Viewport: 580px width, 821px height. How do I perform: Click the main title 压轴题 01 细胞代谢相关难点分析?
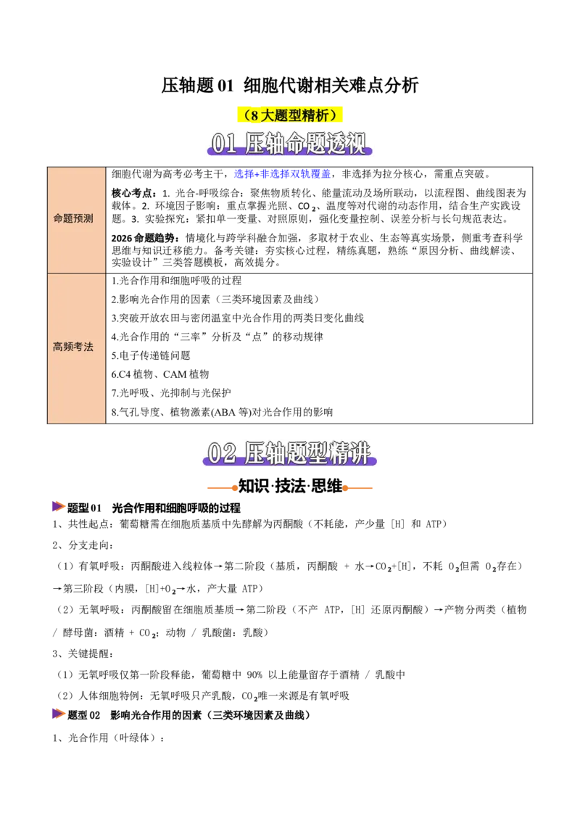pyautogui.click(x=289, y=86)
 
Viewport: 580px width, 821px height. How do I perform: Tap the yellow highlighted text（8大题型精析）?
pyautogui.click(x=290, y=115)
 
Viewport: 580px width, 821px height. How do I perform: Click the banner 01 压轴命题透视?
pyautogui.click(x=289, y=144)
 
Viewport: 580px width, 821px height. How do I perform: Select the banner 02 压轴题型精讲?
pyautogui.click(x=289, y=453)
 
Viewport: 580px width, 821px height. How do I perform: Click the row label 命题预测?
pyautogui.click(x=73, y=219)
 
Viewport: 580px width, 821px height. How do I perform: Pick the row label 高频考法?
pyautogui.click(x=73, y=347)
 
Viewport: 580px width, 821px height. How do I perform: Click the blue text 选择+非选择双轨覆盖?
pyautogui.click(x=283, y=174)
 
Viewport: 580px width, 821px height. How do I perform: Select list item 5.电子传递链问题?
pyautogui.click(x=151, y=355)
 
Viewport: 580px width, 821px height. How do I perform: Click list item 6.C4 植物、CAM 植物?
pyautogui.click(x=160, y=374)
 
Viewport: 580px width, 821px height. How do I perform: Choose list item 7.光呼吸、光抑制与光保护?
pyautogui.click(x=171, y=393)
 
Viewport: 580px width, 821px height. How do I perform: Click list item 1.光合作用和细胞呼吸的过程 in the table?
pyautogui.click(x=176, y=281)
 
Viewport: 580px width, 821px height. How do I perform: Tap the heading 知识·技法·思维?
pyautogui.click(x=290, y=487)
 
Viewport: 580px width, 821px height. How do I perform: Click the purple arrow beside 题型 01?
pyautogui.click(x=59, y=506)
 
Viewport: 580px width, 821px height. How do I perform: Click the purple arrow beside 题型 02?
pyautogui.click(x=59, y=714)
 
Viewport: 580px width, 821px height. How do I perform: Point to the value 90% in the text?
pyautogui.click(x=254, y=675)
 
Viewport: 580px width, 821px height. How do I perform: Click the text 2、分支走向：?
pyautogui.click(x=83, y=545)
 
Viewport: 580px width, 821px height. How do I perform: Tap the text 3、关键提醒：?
pyautogui.click(x=83, y=654)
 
